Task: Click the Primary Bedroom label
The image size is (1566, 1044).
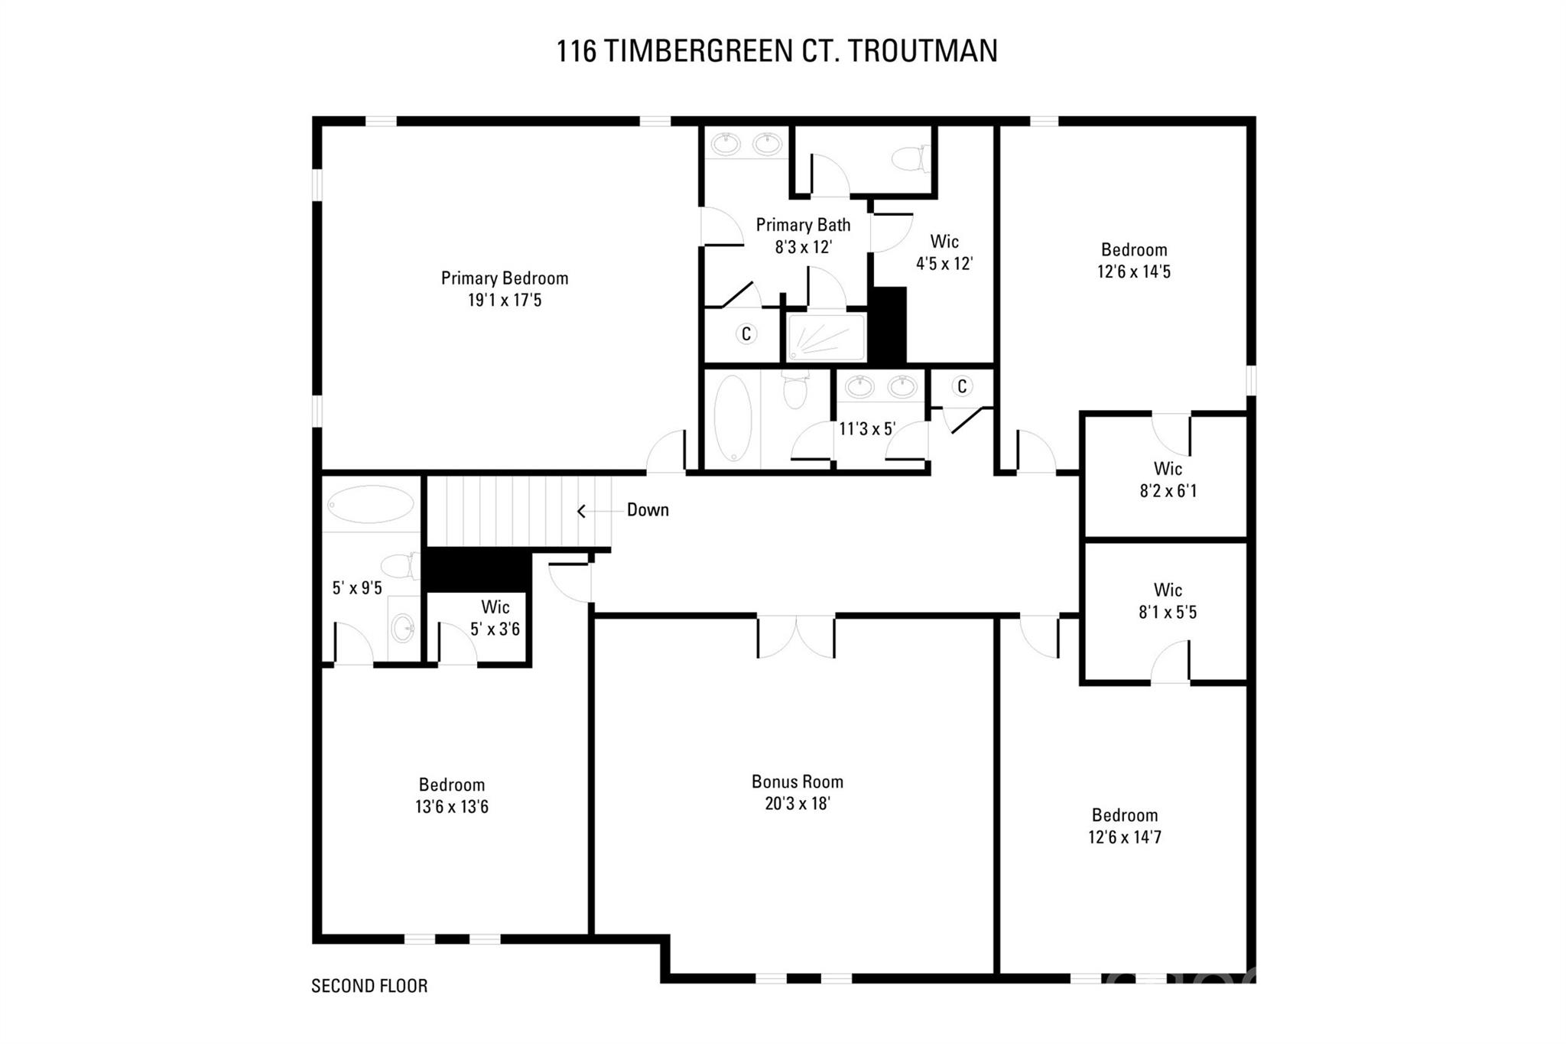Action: pos(504,278)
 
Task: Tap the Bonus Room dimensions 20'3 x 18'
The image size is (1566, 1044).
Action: pos(797,804)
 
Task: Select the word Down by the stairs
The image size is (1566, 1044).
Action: pos(647,510)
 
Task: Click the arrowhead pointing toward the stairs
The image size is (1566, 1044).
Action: pos(581,511)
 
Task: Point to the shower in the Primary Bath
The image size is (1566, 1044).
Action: pos(826,337)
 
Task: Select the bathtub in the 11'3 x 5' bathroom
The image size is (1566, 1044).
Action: pos(733,419)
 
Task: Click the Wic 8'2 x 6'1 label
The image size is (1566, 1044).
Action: pos(1168,480)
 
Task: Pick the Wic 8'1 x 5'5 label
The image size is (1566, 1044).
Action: pos(1168,601)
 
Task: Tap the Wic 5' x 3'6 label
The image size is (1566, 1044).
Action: pos(495,618)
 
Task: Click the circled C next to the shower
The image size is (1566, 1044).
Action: pos(746,334)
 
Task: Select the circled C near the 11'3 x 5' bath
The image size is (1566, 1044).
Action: pos(962,386)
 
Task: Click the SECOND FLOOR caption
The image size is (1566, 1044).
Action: pos(369,986)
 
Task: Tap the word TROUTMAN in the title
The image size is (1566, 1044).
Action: pos(923,51)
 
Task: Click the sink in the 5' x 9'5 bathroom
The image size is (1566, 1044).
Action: pos(403,629)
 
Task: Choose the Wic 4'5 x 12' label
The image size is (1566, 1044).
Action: pos(944,252)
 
